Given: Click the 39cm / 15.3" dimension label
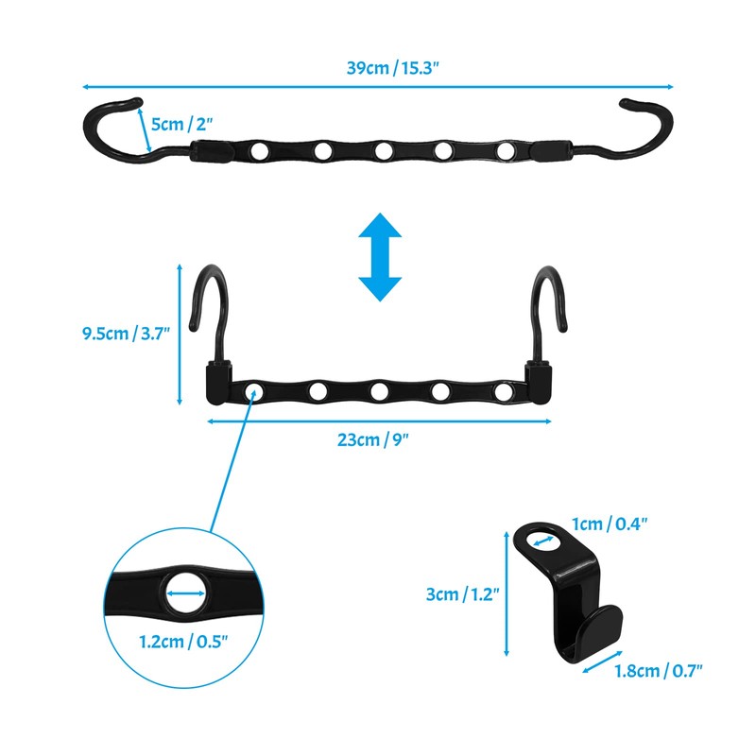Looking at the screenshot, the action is coord(378,68).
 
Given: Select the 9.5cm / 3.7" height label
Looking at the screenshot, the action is coord(125,333).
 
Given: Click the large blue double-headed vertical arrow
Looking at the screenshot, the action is coord(380,256).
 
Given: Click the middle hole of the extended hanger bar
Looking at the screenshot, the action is coord(384,150).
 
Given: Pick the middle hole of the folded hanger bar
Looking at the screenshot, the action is coord(380,389).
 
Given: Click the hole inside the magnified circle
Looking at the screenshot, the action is coord(185,597).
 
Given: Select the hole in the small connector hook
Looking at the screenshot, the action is coord(541,540).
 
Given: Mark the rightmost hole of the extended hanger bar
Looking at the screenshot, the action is coord(507,150).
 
